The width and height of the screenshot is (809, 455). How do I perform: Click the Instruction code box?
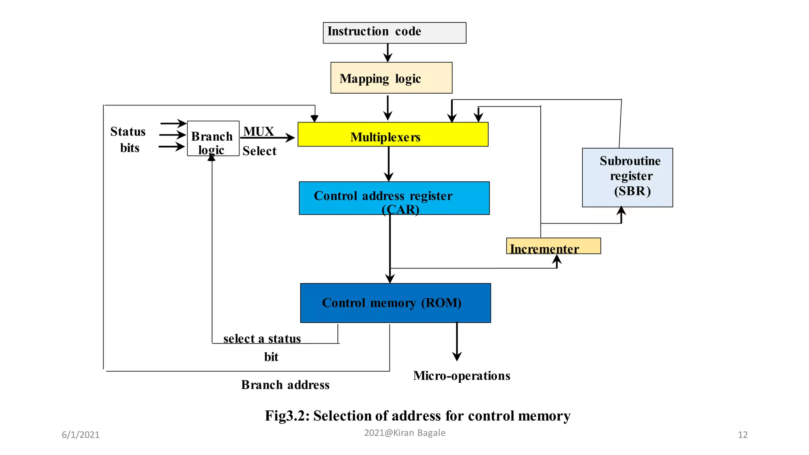[x=394, y=33]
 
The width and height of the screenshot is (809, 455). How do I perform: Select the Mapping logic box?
[x=391, y=78]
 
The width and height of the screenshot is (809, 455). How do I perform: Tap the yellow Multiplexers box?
[x=393, y=135]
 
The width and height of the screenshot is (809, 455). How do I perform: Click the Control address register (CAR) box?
[x=394, y=198]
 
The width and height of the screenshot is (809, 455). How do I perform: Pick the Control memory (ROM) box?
[x=395, y=303]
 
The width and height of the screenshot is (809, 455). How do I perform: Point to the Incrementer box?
[x=553, y=246]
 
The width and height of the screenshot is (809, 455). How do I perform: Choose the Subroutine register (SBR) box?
[x=627, y=177]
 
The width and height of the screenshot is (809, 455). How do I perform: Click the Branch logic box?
[x=213, y=139]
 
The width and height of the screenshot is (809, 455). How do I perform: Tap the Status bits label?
[x=128, y=139]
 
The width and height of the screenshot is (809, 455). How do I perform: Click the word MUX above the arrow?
[x=258, y=131]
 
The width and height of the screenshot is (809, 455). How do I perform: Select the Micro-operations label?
[x=461, y=376]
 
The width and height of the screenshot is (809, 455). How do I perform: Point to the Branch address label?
[x=285, y=385]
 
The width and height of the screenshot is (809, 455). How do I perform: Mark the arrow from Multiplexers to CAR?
[x=389, y=164]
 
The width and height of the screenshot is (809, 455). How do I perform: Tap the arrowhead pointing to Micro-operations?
[x=457, y=356]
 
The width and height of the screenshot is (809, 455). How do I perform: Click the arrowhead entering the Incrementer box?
[x=557, y=259]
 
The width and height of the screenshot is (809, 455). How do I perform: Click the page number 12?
[x=743, y=435]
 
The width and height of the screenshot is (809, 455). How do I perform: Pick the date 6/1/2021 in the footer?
[x=81, y=435]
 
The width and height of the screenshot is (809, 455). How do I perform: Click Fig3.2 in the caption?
[x=287, y=416]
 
